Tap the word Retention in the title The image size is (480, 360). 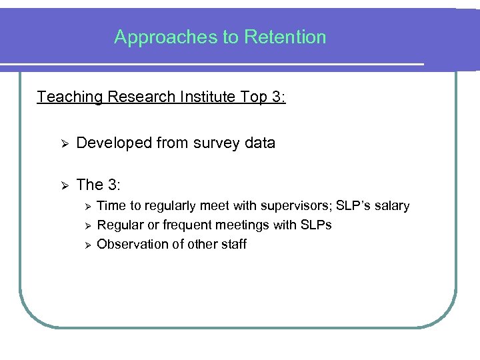pos(285,37)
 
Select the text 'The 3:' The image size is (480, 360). pos(98,185)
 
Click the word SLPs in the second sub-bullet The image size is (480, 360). pos(316,225)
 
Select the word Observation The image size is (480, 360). pos(131,245)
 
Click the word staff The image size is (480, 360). pos(233,245)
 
